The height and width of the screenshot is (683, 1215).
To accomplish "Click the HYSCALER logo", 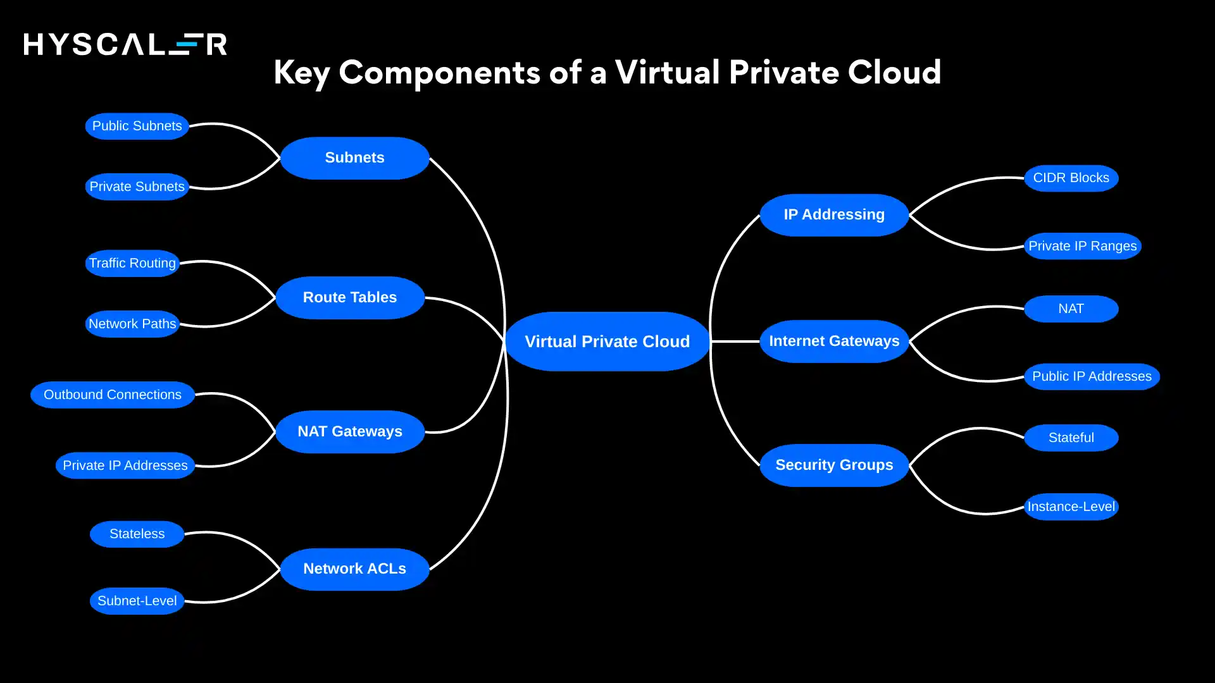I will [x=125, y=44].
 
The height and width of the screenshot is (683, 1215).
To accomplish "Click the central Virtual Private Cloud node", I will [x=607, y=341].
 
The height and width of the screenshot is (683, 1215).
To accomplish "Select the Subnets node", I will [x=354, y=158].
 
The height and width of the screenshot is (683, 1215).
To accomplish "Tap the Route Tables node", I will [x=350, y=297].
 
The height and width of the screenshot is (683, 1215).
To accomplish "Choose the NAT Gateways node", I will [x=350, y=431].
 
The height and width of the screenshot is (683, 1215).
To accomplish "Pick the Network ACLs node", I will [x=354, y=569].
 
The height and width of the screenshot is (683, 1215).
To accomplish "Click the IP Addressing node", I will [x=834, y=214].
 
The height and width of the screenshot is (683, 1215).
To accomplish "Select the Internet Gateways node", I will [x=834, y=341].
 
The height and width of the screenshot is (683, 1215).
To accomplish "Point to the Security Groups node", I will [x=834, y=465].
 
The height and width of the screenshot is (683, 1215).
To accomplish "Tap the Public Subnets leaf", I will [x=137, y=126].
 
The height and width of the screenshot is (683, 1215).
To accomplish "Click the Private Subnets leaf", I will [x=137, y=187].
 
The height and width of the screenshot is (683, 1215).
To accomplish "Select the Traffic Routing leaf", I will [x=132, y=263].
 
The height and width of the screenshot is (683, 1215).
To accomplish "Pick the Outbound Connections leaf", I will [x=113, y=395].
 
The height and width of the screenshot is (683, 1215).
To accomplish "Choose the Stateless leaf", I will [x=137, y=534].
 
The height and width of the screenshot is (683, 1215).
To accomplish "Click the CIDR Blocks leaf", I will [x=1071, y=178].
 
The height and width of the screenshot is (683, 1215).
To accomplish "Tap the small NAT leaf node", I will [x=1071, y=309].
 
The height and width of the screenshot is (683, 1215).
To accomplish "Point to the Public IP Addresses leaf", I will [x=1092, y=376].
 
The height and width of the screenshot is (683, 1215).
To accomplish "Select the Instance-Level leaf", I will [x=1071, y=507].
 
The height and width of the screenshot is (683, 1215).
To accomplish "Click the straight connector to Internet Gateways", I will [x=735, y=341].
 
